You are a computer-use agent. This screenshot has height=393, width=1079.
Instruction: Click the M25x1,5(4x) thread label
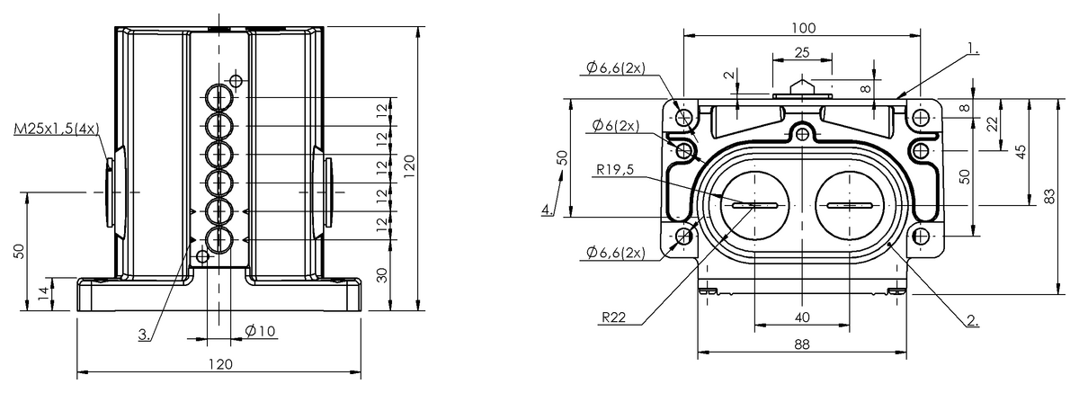tap(57, 130)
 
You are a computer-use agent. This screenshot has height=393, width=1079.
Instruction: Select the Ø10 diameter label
tap(260, 331)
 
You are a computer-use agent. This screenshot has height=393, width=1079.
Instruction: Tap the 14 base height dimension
tap(44, 293)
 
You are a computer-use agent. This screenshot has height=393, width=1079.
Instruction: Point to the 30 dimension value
tap(381, 275)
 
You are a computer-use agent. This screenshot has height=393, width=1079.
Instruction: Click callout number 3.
tap(144, 335)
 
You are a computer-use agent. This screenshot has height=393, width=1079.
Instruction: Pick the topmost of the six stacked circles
tap(219, 98)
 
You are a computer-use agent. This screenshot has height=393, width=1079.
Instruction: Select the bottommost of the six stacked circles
tap(219, 240)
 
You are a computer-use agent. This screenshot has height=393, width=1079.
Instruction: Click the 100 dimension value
tap(804, 29)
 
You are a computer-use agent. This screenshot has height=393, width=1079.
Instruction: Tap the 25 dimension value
tap(802, 52)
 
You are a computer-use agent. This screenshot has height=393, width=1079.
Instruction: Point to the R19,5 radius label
tap(615, 170)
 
